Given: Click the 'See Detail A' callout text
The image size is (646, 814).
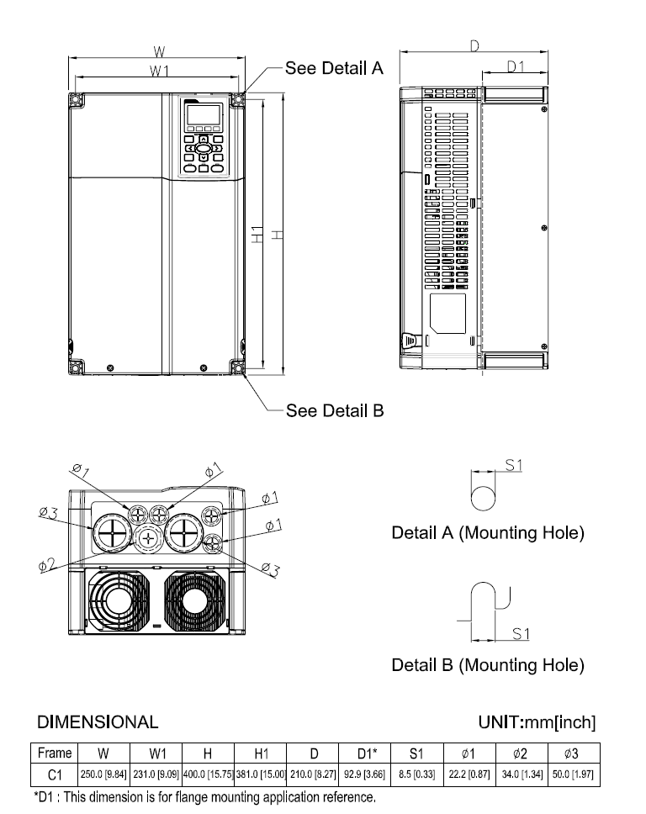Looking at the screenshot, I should pos(334,68).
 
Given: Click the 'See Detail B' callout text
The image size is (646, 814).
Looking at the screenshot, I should pos(335,410).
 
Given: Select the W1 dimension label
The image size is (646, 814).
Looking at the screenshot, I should pos(158,71).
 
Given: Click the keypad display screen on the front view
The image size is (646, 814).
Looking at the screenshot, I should pos(202,114).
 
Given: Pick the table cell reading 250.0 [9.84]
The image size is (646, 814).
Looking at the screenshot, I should pos(103,772).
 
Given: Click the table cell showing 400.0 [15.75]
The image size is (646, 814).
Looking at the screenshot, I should pos(207,772).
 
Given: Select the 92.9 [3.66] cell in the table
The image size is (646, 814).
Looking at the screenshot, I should pos(363,772).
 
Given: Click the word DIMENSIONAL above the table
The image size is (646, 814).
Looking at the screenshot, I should pos(97,721).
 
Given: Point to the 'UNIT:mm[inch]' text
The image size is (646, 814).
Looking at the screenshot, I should pos(537,721).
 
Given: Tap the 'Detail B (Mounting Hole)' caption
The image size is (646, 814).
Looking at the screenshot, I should pos(488,665).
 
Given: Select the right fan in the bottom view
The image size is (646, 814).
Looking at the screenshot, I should pos(192,602).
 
